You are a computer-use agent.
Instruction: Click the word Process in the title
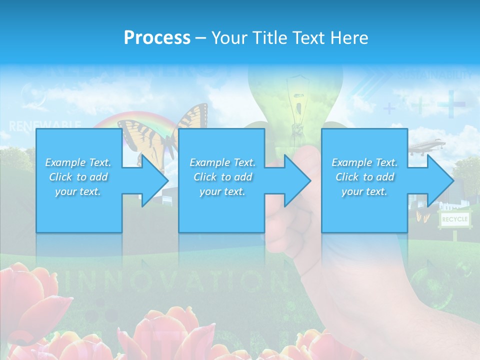[x=157, y=38]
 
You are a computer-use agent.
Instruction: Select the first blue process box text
[x=78, y=177]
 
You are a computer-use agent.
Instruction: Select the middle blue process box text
[x=222, y=177]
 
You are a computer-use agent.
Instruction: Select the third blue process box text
[x=364, y=177]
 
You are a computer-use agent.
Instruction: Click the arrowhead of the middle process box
[x=296, y=180]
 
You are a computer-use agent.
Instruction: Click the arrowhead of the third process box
[x=439, y=180]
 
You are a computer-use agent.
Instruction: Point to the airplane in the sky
[x=427, y=145]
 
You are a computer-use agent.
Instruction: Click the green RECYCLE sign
[x=454, y=219]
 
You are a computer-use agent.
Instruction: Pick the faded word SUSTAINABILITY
[x=435, y=75]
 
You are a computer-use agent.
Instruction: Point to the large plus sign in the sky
[x=451, y=104]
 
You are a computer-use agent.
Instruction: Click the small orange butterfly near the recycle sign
[x=423, y=216]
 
